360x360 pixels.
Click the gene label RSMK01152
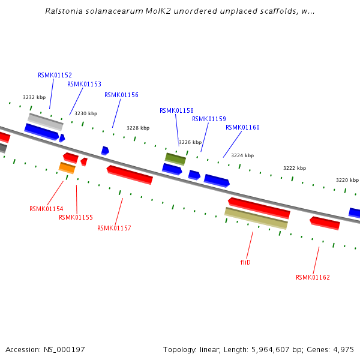pos(55,76)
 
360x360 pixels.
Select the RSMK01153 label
pos(84,85)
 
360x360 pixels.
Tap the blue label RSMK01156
pos(121,95)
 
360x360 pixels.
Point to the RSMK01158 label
pos(176,110)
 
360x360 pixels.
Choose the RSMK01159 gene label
pos(209,119)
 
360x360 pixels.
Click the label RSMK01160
pos(242,127)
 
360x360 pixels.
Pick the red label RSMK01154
pos(46,209)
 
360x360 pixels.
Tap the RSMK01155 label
pos(76,217)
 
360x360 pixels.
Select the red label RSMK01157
pos(114,228)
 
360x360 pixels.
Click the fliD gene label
pos(245,262)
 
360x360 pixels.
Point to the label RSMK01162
pos(313,277)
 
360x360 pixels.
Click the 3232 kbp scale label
pos(34,97)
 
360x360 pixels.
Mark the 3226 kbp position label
pos(190,142)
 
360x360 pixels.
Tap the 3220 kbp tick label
pos(347,180)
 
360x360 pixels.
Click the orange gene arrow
pos(67,167)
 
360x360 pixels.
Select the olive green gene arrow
pos(176,158)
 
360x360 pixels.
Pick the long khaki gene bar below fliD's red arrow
pos(256,218)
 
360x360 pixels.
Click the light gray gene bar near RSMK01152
pos(46,121)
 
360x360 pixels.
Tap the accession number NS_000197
pos(64,349)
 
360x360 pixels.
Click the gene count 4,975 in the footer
pos(341,349)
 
